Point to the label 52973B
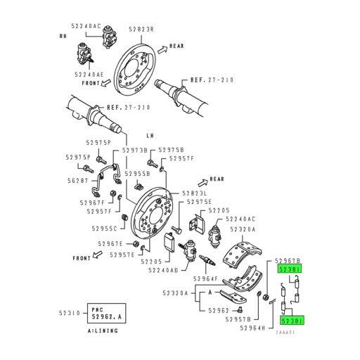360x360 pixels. [x=134, y=150]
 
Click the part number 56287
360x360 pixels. [x=77, y=180]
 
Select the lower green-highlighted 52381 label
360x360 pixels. [x=292, y=320]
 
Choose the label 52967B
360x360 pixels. [x=288, y=260]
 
